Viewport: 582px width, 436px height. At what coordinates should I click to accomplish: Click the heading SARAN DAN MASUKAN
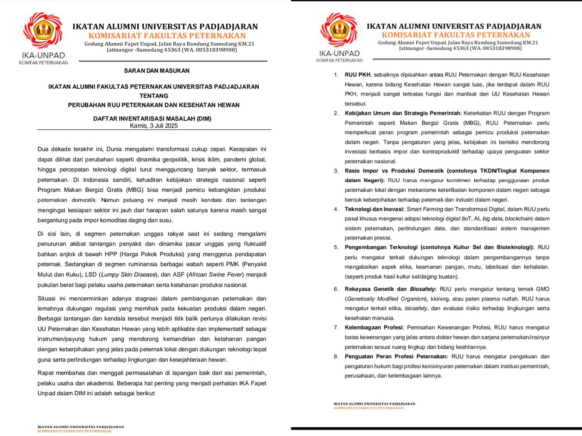tap(156, 70)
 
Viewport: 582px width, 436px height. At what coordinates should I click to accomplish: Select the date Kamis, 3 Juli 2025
tap(154, 126)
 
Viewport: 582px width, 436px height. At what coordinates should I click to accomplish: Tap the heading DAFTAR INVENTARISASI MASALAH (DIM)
tap(152, 118)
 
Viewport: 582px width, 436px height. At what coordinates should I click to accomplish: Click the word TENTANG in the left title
tap(154, 96)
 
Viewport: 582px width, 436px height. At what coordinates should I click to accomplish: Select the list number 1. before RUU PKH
tap(336, 75)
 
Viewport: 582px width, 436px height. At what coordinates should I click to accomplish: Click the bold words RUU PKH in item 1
tap(358, 75)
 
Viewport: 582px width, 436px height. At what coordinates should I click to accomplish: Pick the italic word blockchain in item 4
tap(518, 219)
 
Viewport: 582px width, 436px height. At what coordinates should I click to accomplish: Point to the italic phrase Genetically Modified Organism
tap(386, 299)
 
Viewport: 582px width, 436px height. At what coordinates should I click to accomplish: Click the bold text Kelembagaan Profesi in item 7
tap(374, 327)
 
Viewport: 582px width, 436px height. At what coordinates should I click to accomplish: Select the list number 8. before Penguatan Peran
tap(336, 356)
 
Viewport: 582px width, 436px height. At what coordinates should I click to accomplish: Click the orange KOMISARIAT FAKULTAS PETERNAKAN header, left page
tap(167, 36)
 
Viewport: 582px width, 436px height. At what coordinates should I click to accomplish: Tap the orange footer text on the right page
tap(368, 408)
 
